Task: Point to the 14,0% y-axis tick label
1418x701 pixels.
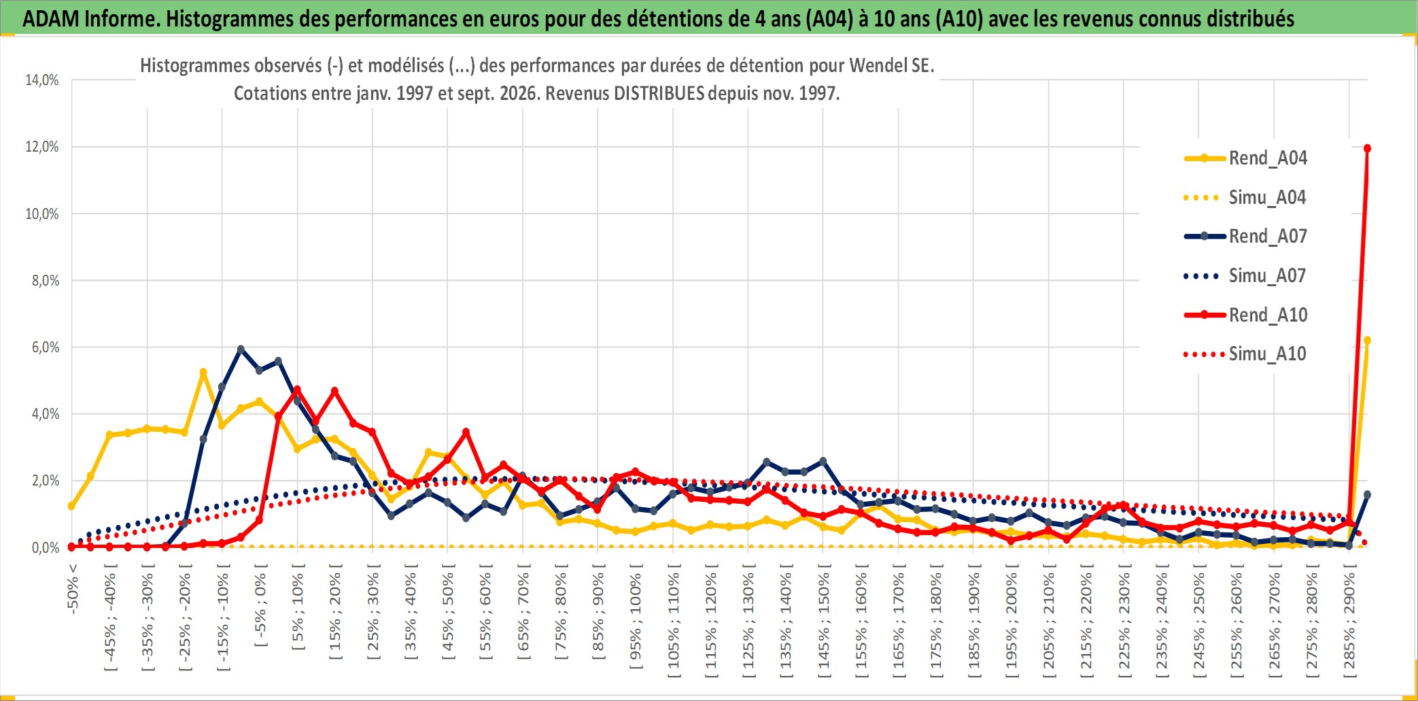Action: tap(42, 80)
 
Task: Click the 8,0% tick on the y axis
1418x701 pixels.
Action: tap(46, 281)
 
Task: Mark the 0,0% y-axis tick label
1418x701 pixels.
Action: tap(46, 548)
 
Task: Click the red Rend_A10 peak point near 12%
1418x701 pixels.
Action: tap(1367, 148)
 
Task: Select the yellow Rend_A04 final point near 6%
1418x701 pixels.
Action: tap(1367, 341)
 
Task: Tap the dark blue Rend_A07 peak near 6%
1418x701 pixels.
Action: tap(241, 349)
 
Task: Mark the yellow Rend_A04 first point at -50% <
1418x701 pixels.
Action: tap(71, 506)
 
